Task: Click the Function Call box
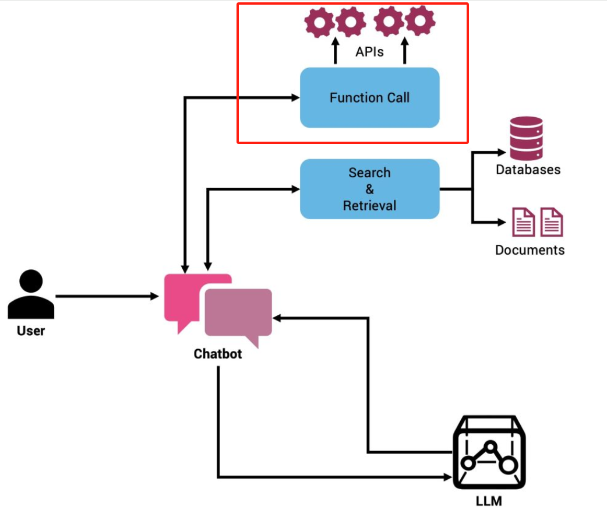point(369,97)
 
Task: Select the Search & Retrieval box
point(369,189)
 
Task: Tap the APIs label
point(369,52)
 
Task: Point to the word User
point(31,331)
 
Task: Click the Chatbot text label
point(218,354)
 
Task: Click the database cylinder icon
point(526,138)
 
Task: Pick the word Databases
point(528,170)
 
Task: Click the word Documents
point(530,250)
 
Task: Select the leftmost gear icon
point(320,23)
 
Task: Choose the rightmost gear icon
point(420,23)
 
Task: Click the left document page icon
point(523,222)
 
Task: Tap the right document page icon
point(551,222)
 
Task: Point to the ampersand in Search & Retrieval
point(369,189)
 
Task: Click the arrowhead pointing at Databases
point(502,153)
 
